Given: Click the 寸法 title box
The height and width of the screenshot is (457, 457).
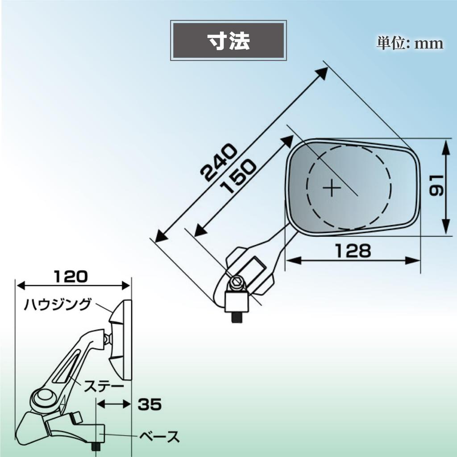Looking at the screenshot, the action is [x=228, y=41].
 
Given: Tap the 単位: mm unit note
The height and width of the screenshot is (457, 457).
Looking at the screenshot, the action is [x=410, y=43].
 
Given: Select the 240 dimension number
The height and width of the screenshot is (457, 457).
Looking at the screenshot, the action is [x=219, y=162].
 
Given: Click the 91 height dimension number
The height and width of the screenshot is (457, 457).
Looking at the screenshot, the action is [x=436, y=185].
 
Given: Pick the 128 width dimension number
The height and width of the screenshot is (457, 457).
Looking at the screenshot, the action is [x=353, y=251].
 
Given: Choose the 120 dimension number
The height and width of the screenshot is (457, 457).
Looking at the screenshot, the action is [x=71, y=276].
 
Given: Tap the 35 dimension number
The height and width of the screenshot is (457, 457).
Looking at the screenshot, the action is [x=150, y=404].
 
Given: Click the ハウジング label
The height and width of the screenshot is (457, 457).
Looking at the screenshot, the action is [x=58, y=304].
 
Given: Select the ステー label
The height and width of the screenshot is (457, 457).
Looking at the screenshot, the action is [x=104, y=387].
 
